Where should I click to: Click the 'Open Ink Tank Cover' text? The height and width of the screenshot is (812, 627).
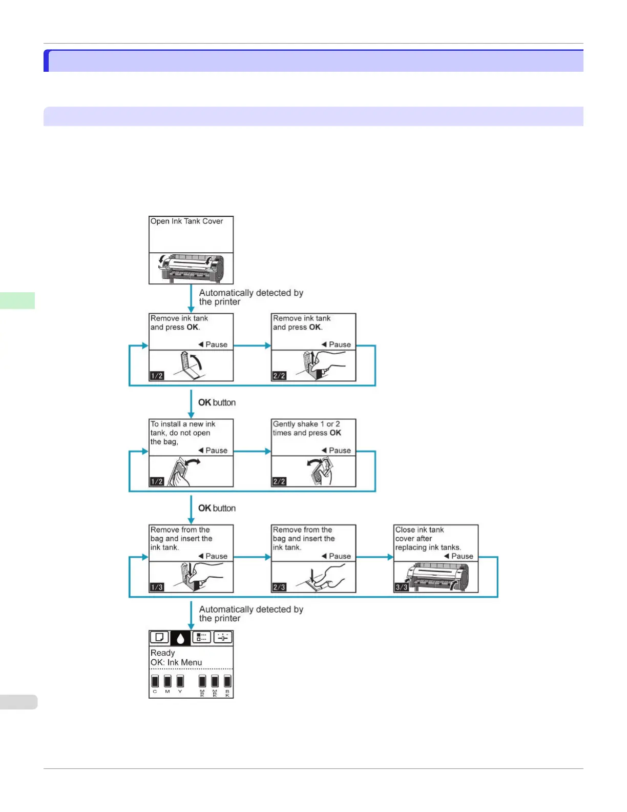[186, 221]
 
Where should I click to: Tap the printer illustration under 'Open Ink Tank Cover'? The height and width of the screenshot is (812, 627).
[191, 268]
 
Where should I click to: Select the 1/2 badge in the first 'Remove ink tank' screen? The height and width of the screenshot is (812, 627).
[157, 376]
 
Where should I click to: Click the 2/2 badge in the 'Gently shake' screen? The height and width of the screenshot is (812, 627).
[279, 481]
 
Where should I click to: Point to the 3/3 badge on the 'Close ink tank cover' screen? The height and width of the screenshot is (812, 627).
[402, 587]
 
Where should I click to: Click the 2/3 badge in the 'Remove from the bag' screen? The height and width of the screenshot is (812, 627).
[279, 587]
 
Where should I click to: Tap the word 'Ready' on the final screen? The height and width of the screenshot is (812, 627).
[162, 653]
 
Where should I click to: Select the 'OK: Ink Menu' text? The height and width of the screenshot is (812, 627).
[176, 662]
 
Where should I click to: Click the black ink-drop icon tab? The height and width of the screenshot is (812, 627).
[180, 638]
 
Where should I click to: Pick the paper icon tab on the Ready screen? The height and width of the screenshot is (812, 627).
[159, 637]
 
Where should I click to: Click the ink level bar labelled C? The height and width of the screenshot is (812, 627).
[155, 681]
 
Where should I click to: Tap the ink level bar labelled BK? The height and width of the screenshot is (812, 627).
[227, 681]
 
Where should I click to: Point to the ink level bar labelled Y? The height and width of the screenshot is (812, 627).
[180, 681]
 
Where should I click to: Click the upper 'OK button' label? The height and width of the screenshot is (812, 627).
[217, 402]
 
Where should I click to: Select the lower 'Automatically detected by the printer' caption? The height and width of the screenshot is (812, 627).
[250, 614]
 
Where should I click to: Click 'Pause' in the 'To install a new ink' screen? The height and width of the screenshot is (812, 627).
[216, 451]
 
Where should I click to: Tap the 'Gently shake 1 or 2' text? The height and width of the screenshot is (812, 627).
[306, 424]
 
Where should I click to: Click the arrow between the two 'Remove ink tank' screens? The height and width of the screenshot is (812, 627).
[252, 346]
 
